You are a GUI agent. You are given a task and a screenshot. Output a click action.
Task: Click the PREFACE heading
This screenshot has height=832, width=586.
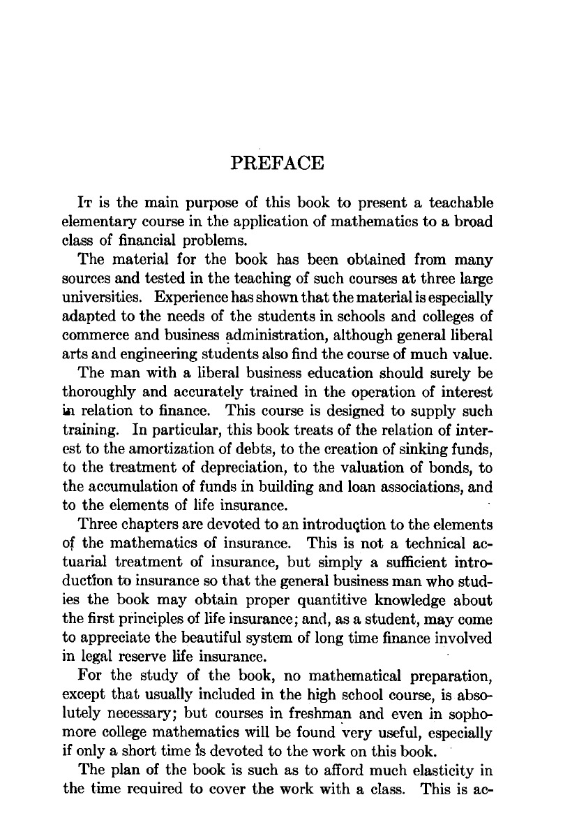point(277,163)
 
